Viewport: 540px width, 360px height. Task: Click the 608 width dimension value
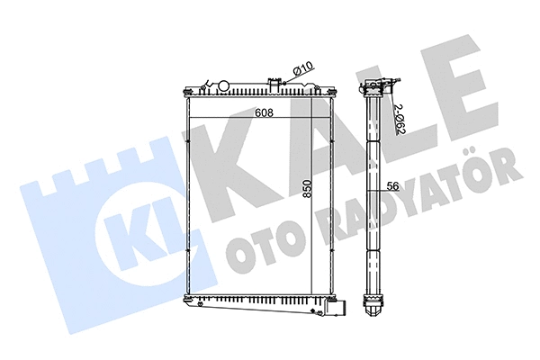tap(263, 113)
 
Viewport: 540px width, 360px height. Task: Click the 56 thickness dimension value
tap(392, 187)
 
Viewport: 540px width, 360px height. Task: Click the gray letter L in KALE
tap(402, 108)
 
